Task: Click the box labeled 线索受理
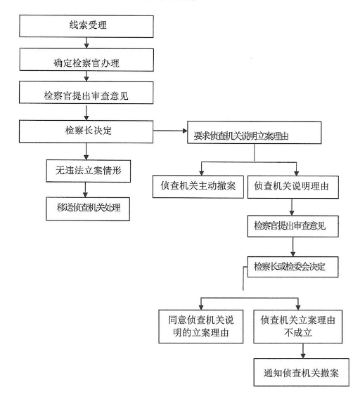point(86,27)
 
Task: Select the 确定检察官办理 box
point(86,60)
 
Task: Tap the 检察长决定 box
point(86,131)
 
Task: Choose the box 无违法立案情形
point(89,171)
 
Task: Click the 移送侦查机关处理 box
point(88,209)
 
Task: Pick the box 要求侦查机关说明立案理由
point(255,133)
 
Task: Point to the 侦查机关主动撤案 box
point(198,186)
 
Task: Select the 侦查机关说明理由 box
point(293,187)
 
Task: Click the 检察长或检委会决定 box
point(292,267)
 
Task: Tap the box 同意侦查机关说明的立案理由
point(200,327)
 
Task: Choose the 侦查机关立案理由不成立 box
point(298,327)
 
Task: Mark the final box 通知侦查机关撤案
point(302,372)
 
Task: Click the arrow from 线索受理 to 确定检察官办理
point(86,43)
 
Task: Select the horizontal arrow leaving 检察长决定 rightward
point(170,131)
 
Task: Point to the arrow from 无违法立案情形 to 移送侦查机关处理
point(86,190)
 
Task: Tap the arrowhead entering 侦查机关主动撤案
point(202,173)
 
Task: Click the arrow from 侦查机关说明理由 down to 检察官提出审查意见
point(292,207)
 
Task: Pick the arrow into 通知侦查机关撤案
point(303,351)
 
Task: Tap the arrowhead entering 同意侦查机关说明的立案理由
point(201,307)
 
